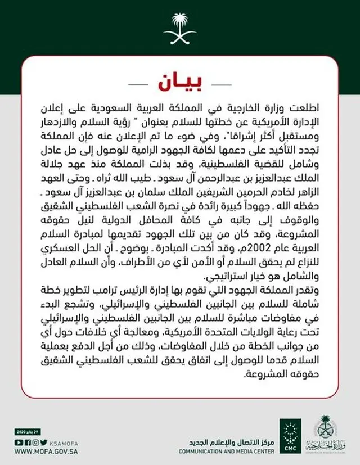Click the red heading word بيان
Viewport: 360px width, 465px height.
click(x=179, y=83)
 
